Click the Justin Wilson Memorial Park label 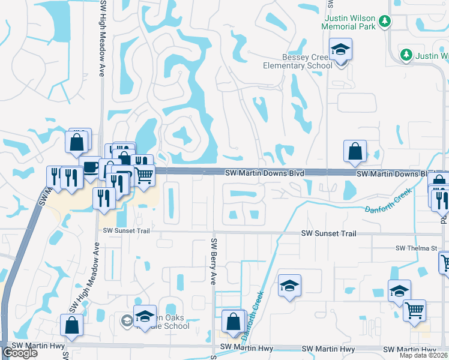(348, 23)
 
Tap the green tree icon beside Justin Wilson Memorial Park (385, 23)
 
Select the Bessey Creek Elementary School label (297, 61)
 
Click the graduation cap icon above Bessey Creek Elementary (340, 50)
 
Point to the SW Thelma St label (415, 248)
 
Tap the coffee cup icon (90, 166)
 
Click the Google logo (20, 353)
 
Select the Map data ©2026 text (424, 355)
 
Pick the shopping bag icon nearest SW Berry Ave (233, 322)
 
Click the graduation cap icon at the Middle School (145, 315)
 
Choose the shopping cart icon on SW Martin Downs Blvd (145, 176)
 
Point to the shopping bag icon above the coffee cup (77, 143)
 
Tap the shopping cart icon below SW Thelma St (446, 262)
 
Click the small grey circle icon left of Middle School (126, 320)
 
